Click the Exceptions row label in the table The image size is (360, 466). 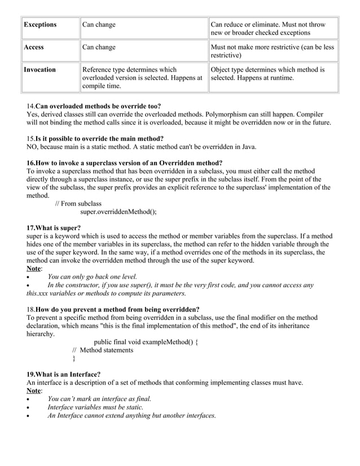40,25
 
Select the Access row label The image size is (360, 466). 34,47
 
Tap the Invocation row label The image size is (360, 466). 39,70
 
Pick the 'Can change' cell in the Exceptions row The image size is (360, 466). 99,25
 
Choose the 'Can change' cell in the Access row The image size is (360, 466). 99,47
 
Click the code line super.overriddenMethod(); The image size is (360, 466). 118,212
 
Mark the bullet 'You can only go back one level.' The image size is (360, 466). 92,277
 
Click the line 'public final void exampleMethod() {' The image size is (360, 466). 146,342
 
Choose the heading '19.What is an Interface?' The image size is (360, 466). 64,374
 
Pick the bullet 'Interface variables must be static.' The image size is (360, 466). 95,407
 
